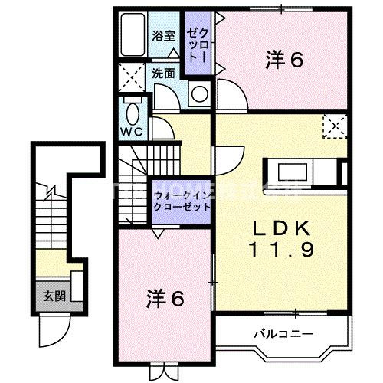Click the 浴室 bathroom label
(x=162, y=36)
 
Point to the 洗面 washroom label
(x=162, y=74)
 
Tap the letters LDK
(x=278, y=228)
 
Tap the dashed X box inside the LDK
(x=335, y=124)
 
